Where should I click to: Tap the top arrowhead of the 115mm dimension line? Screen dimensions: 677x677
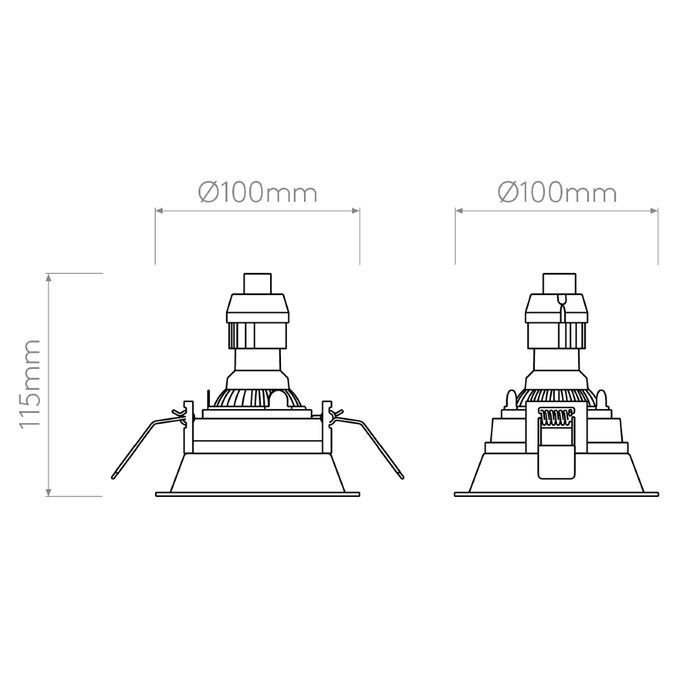(49, 277)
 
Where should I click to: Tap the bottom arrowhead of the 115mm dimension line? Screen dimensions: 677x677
(49, 493)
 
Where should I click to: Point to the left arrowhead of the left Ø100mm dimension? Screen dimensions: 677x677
(159, 211)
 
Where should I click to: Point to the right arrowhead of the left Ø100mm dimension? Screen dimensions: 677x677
(356, 211)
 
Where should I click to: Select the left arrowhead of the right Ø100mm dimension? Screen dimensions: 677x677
(459, 211)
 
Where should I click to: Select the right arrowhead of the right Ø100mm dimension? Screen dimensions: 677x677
(654, 211)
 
